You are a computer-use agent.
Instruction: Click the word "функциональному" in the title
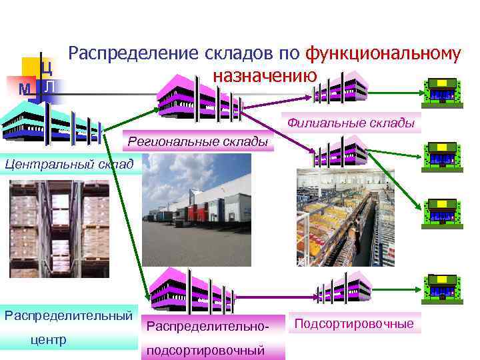tap(382, 54)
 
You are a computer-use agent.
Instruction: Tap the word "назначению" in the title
tap(265, 75)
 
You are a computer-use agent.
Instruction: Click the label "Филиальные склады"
tap(351, 123)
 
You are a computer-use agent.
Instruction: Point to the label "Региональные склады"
tap(198, 141)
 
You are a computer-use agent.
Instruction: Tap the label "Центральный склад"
tap(67, 163)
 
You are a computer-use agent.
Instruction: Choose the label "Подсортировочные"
tap(354, 324)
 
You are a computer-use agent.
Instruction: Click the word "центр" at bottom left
tap(49, 340)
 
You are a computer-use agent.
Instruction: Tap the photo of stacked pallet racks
tap(60, 229)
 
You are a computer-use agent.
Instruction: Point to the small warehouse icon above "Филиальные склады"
tap(341, 85)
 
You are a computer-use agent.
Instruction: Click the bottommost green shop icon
tap(442, 288)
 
